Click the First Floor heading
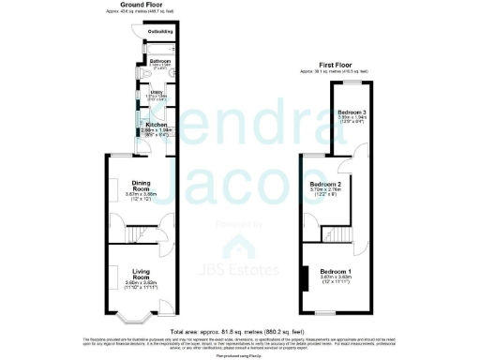pos(339,64)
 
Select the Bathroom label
pos(159,62)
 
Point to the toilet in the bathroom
pos(174,69)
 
